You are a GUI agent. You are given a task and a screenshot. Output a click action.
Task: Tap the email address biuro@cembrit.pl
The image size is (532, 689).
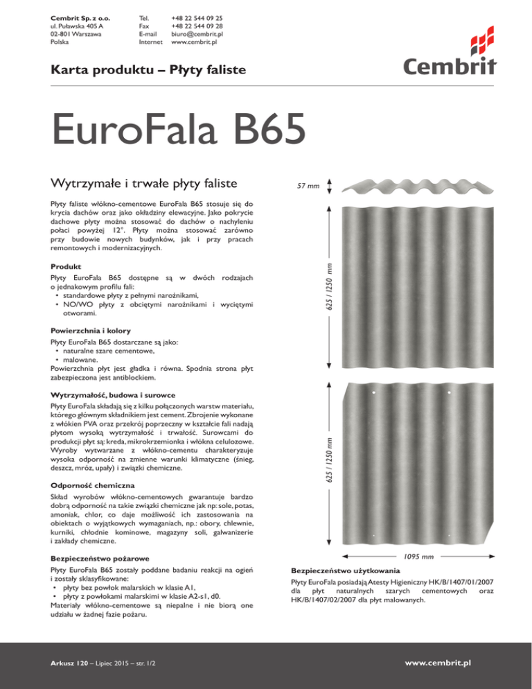197,33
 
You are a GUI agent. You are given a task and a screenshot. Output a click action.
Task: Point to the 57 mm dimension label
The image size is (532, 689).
308,186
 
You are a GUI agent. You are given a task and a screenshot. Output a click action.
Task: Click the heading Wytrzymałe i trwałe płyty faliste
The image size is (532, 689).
136,184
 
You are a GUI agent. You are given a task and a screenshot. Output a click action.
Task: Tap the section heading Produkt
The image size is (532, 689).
66,266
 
